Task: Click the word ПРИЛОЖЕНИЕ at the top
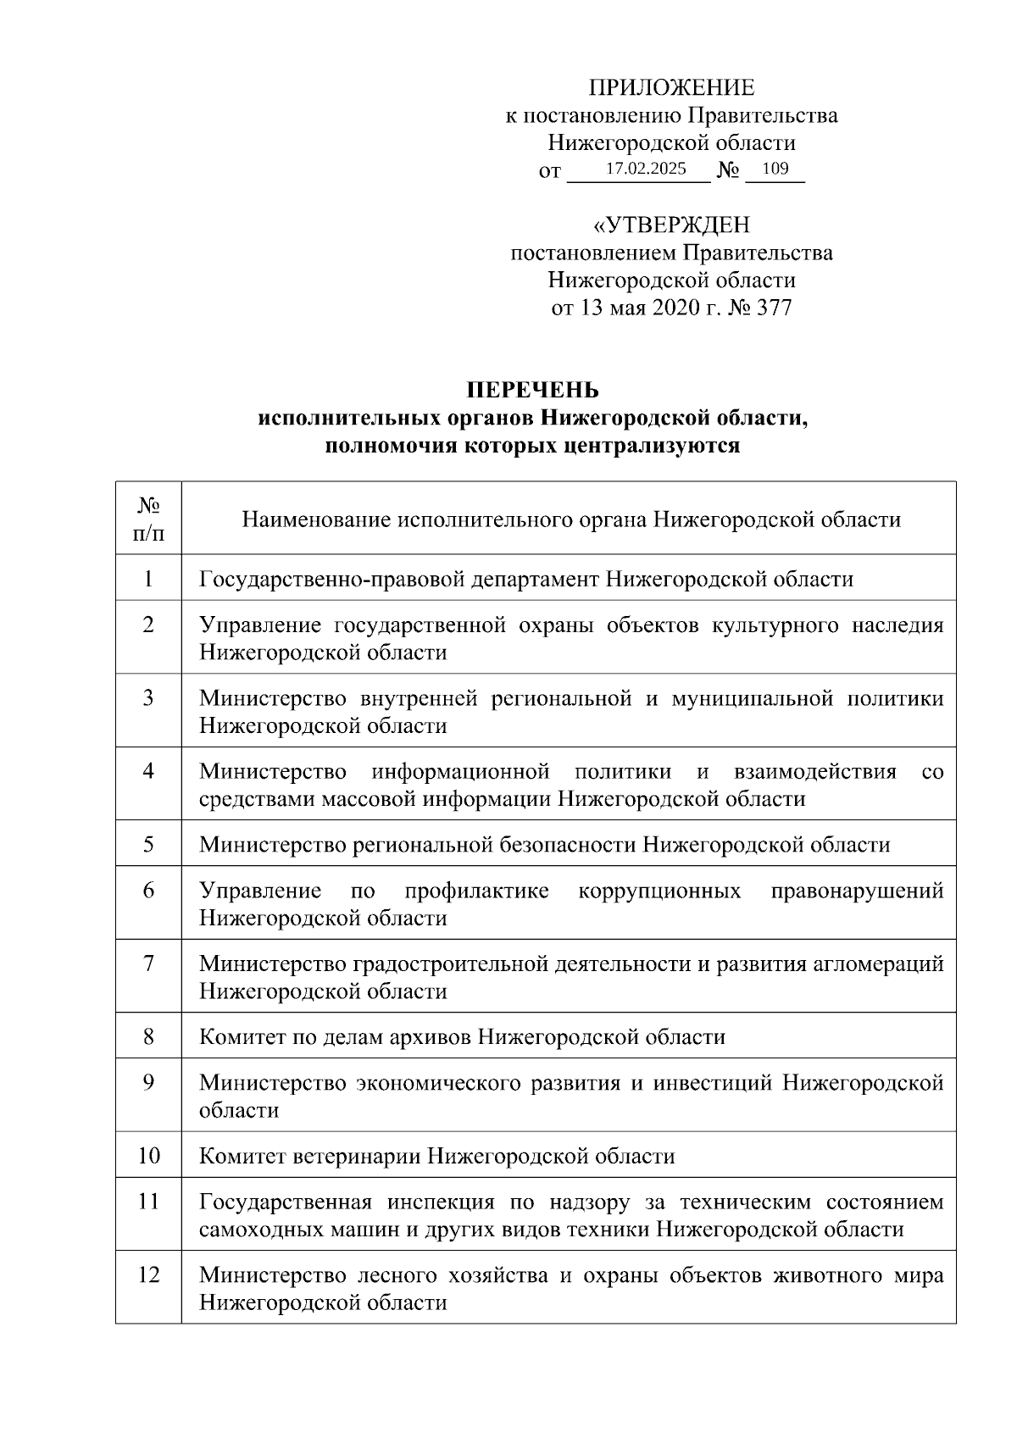coord(671,88)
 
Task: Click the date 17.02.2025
coord(646,169)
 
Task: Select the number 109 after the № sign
coord(775,169)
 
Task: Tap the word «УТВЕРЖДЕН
coord(671,225)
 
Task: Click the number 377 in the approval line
coord(772,307)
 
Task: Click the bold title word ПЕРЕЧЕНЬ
coord(533,390)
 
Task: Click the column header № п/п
coord(148,519)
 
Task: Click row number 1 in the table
coord(148,579)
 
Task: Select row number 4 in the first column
coord(148,771)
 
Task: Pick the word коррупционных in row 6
coord(659,891)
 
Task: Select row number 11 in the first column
coord(148,1202)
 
